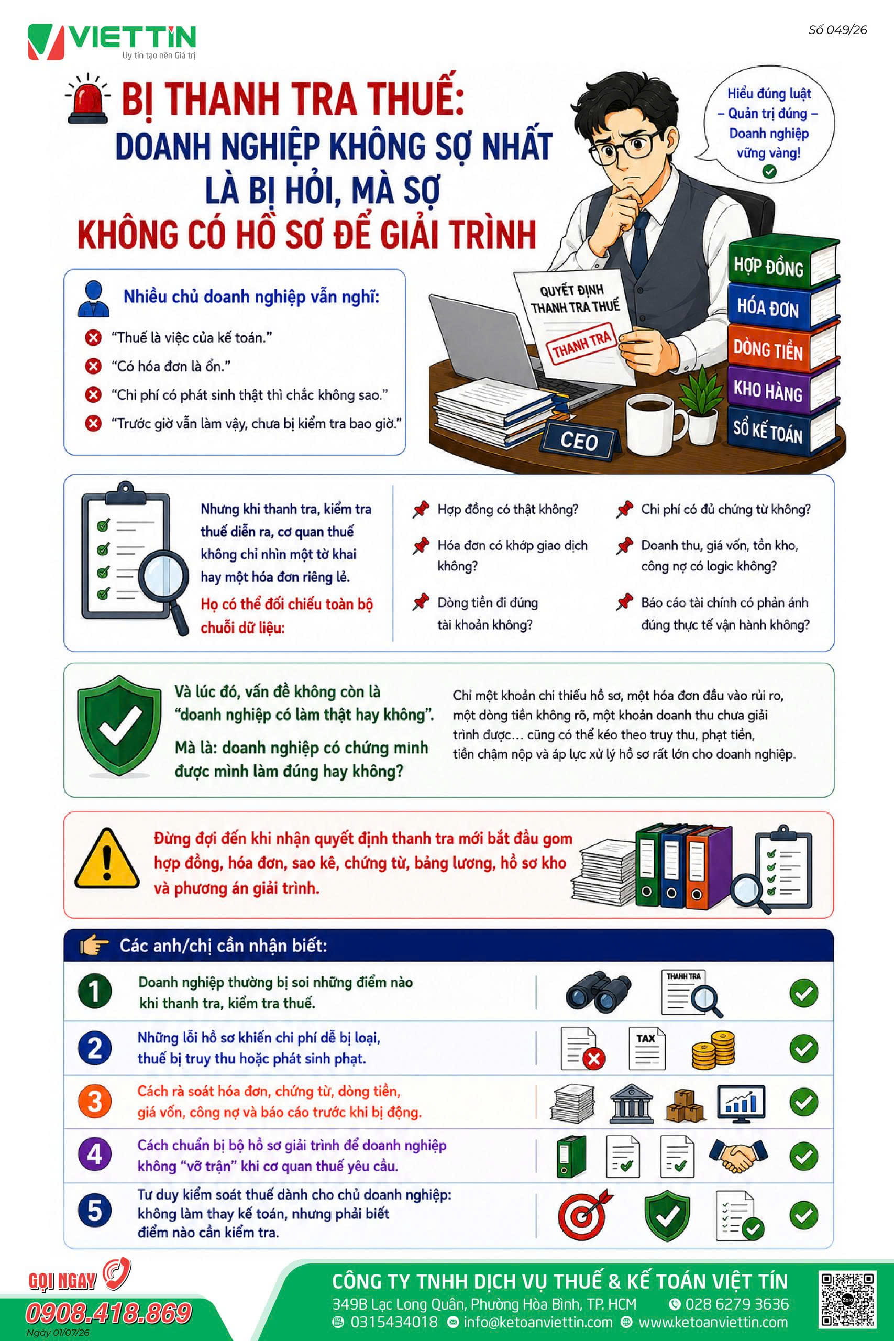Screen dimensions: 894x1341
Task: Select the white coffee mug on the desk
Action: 655,421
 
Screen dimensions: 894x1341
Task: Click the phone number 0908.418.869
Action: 108,1313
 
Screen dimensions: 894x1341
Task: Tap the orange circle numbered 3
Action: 95,1102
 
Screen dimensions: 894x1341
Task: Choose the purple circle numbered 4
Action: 95,1155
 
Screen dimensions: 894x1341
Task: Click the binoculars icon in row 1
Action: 598,992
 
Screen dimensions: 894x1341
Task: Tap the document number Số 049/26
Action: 837,30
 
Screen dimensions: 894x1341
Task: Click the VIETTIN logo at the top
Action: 112,41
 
